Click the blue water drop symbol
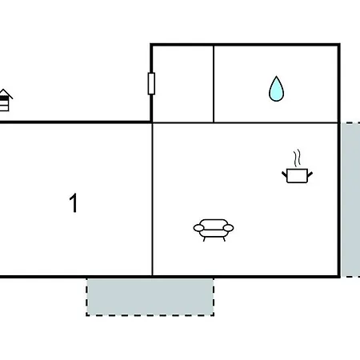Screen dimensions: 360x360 [x=276, y=89]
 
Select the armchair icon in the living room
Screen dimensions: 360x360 [x=214, y=230]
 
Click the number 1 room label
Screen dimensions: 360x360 [x=74, y=202]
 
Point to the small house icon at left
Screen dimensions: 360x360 [x=5, y=100]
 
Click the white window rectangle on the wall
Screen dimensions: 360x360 [x=151, y=83]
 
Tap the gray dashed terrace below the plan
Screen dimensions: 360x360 [x=150, y=297]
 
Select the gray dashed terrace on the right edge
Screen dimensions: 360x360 [x=351, y=200]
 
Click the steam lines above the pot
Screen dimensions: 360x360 [x=297, y=158]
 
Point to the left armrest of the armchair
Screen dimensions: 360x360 [x=198, y=228]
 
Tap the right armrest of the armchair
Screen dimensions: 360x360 [x=229, y=228]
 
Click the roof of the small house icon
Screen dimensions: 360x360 [x=6, y=94]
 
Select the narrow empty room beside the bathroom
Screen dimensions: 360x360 [x=183, y=84]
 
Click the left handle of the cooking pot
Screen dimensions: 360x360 [x=284, y=175]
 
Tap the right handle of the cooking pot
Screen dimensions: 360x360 [x=310, y=175]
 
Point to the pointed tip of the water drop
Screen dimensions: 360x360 [x=276, y=77]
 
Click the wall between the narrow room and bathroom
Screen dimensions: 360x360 [x=214, y=84]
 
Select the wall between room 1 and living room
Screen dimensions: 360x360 [x=152, y=199]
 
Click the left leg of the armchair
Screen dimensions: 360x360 [x=205, y=239]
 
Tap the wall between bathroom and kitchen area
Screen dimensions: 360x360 [x=276, y=122]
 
